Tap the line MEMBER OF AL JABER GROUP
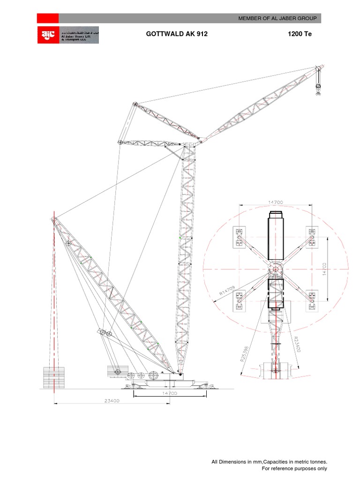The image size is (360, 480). pyautogui.click(x=277, y=18)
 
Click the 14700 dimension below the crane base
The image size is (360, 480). pyautogui.click(x=169, y=394)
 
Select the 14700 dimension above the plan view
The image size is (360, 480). pyautogui.click(x=275, y=202)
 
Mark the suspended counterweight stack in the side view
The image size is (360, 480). pyautogui.click(x=54, y=378)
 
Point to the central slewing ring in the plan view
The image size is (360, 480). pyautogui.click(x=275, y=270)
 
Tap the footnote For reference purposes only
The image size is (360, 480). pyautogui.click(x=294, y=468)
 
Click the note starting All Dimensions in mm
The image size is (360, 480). pyautogui.click(x=269, y=462)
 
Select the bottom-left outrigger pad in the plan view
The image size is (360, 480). pyautogui.click(x=240, y=301)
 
